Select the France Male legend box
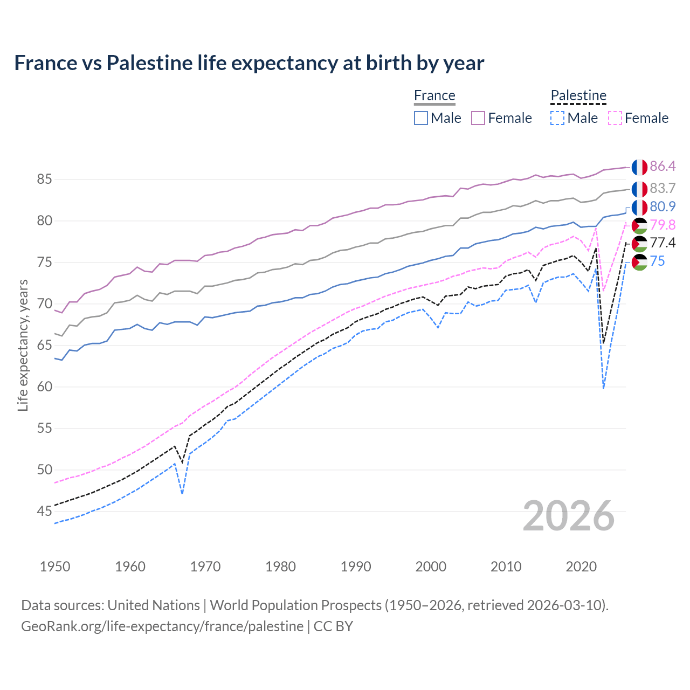coord(421,118)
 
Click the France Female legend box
coord(478,118)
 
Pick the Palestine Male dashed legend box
coord(557,118)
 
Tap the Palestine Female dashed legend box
coord(615,118)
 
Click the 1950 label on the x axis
coord(55,567)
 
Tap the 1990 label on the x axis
coord(356,567)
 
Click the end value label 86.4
coord(663,166)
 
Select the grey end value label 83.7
coord(663,188)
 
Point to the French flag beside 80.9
coord(639,207)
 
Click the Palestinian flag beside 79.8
coord(639,225)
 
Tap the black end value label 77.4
coord(663,243)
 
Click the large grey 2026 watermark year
coord(569,516)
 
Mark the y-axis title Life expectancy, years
coord(23,345)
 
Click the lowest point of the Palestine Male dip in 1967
coord(183,493)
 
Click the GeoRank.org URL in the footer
coord(162,626)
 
